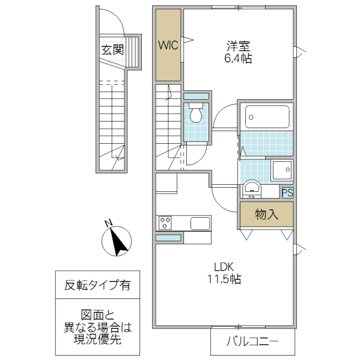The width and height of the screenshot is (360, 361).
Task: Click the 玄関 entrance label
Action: pyautogui.click(x=112, y=51)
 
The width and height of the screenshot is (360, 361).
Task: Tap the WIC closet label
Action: pyautogui.click(x=168, y=45)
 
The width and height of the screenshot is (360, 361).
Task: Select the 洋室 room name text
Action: pyautogui.click(x=239, y=46)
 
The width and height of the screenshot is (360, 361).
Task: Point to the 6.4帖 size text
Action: pyautogui.click(x=239, y=58)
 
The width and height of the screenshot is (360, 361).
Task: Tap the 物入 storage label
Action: pyautogui.click(x=266, y=214)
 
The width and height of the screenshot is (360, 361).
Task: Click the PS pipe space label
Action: pyautogui.click(x=288, y=193)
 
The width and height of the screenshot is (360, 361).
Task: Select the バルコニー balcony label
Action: pyautogui.click(x=252, y=342)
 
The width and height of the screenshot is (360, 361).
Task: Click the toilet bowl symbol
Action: pyautogui.click(x=195, y=113)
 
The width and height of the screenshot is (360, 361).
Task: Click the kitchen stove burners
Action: pyautogui.click(x=165, y=223)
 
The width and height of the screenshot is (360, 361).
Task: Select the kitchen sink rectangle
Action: pyautogui.click(x=200, y=223)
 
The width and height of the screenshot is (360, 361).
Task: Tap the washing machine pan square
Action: pyautogui.click(x=281, y=170)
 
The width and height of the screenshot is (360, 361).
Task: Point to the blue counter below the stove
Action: pyautogui.click(x=168, y=238)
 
